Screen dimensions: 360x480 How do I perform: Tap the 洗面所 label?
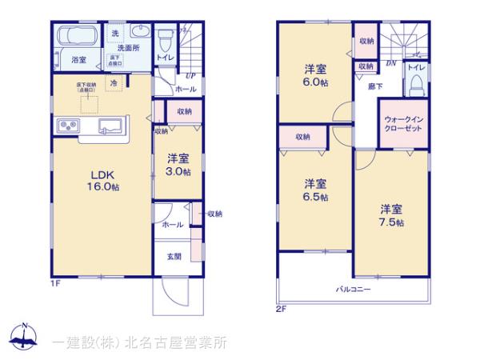pyautogui.click(x=125, y=48)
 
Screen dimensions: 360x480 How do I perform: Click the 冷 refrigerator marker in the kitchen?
pyautogui.click(x=114, y=82)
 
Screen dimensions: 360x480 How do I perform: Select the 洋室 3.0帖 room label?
pyautogui.click(x=178, y=166)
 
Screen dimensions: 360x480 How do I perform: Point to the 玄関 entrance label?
pyautogui.click(x=174, y=256)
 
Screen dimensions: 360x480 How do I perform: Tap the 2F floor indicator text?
pyautogui.click(x=281, y=307)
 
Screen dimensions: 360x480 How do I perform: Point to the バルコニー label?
pyautogui.click(x=353, y=289)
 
